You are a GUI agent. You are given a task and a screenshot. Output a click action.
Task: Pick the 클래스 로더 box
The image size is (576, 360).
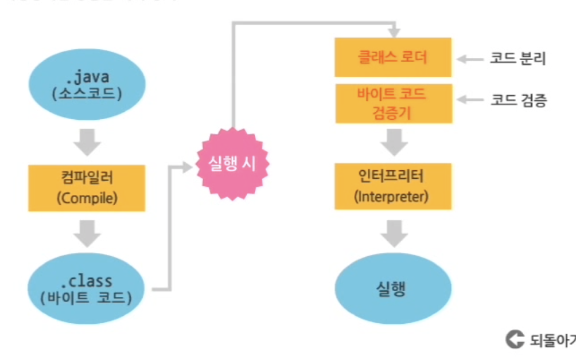393,57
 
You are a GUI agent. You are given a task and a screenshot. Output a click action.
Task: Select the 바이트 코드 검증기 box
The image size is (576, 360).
393,104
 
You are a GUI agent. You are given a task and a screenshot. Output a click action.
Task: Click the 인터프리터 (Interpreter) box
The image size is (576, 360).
393,186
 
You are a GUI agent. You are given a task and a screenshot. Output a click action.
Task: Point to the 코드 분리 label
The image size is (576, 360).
518,58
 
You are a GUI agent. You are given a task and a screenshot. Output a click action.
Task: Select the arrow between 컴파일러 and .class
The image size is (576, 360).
87,235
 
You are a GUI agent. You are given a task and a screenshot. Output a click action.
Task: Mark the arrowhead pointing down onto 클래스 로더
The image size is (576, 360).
393,30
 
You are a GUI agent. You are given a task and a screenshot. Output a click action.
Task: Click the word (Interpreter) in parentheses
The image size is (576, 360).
393,197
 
